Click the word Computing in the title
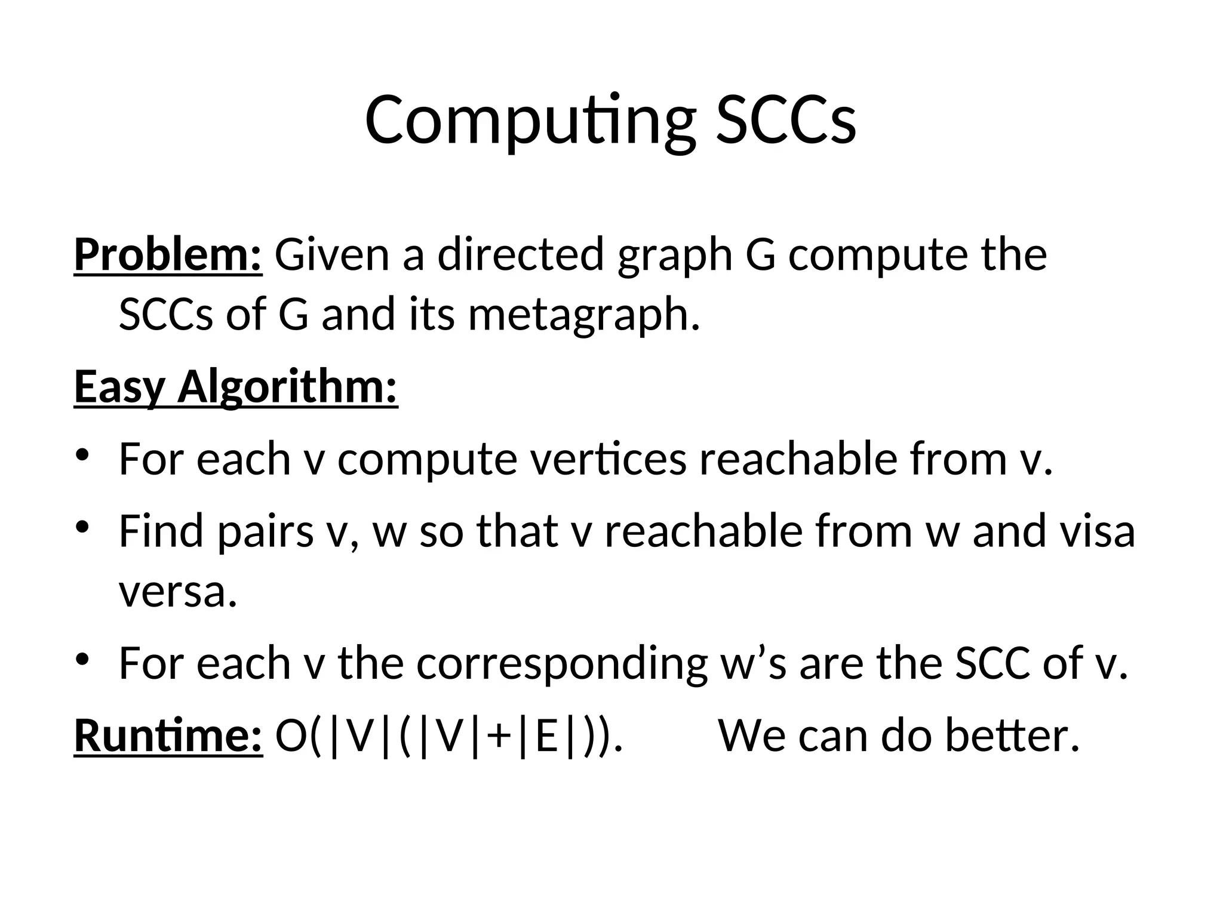530,121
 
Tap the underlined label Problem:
168,255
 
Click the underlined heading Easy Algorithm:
236,387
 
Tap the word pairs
265,531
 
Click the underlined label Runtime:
168,736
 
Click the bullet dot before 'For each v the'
82,659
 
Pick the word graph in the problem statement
675,255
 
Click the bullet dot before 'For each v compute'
82,455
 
